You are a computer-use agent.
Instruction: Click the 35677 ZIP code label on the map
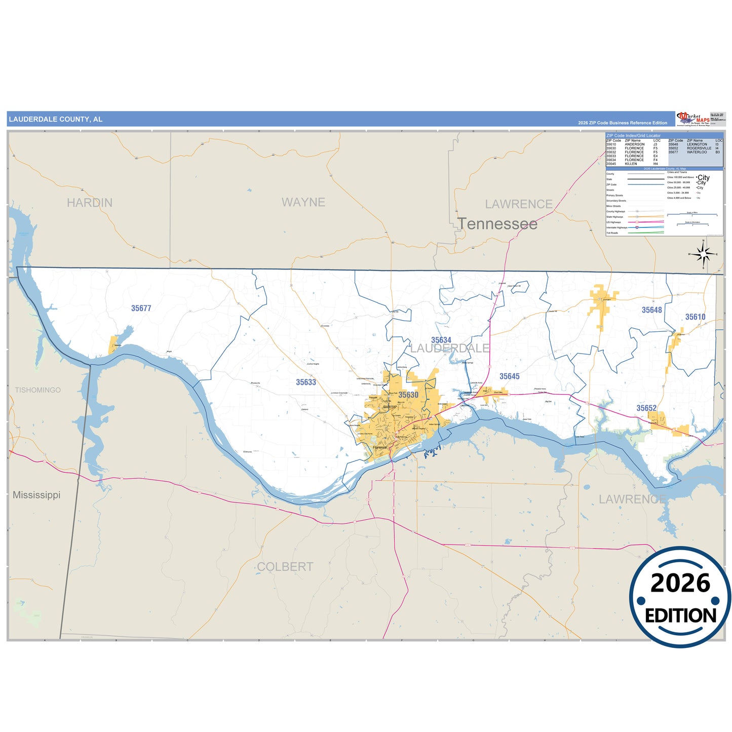pyautogui.click(x=141, y=308)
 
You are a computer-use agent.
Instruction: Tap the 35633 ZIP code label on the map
pyautogui.click(x=306, y=382)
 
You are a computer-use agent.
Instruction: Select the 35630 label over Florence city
pyautogui.click(x=408, y=395)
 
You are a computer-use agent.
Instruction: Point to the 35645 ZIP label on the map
pyautogui.click(x=509, y=376)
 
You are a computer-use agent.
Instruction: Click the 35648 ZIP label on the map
pyautogui.click(x=651, y=310)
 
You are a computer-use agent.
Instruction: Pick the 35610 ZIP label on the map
pyautogui.click(x=695, y=317)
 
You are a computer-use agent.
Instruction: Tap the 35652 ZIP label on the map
pyautogui.click(x=646, y=408)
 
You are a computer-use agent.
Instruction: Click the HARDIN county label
pyautogui.click(x=90, y=203)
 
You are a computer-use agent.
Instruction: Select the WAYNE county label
pyautogui.click(x=303, y=202)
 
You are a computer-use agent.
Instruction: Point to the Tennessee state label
pyautogui.click(x=497, y=224)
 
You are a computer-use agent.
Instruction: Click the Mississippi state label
pyautogui.click(x=36, y=495)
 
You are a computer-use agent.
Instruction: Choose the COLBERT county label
pyautogui.click(x=285, y=567)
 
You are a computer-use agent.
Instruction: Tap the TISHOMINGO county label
pyautogui.click(x=37, y=390)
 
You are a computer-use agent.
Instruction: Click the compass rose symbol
pyautogui.click(x=703, y=253)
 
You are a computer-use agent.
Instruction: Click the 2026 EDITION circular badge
pyautogui.click(x=680, y=597)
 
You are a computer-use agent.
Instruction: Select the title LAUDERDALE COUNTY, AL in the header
pyautogui.click(x=56, y=120)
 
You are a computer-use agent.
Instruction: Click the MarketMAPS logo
pyautogui.click(x=693, y=119)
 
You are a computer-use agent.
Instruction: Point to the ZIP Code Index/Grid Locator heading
pyautogui.click(x=633, y=136)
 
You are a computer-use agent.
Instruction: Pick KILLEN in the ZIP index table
pyautogui.click(x=631, y=164)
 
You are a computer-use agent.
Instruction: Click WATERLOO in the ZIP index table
pyautogui.click(x=697, y=152)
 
